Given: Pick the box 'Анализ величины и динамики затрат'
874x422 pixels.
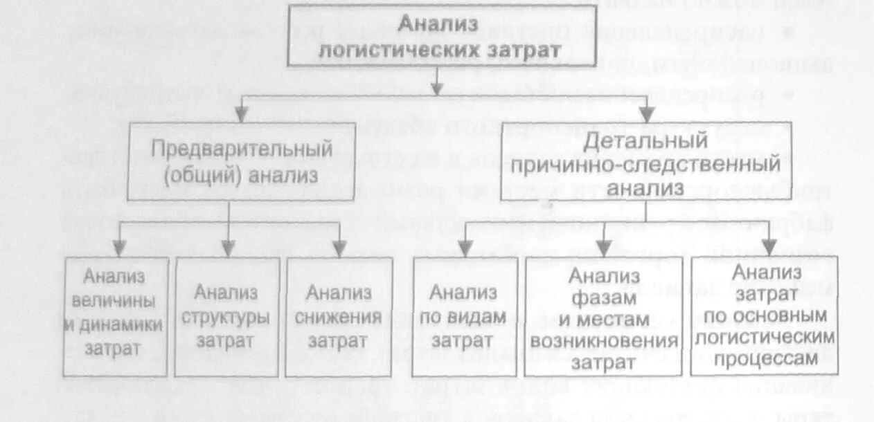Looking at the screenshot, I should click(115, 316).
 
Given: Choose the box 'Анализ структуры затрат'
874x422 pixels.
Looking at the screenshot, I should click(226, 316).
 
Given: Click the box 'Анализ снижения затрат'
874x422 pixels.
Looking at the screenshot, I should click(338, 316).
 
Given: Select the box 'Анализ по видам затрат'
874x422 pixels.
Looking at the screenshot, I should click(463, 316).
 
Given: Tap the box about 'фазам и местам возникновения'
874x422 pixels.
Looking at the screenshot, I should click(603, 317).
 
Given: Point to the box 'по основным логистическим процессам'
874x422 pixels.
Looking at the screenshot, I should click(764, 315).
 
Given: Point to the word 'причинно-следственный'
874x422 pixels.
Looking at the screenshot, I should click(645, 165).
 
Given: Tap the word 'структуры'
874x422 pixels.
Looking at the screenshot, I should click(226, 317).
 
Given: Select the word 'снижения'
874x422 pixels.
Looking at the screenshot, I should click(338, 317).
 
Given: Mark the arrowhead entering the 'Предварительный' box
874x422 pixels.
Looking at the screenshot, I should click(240, 115).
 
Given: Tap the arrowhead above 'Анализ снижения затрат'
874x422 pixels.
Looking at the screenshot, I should click(339, 250).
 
